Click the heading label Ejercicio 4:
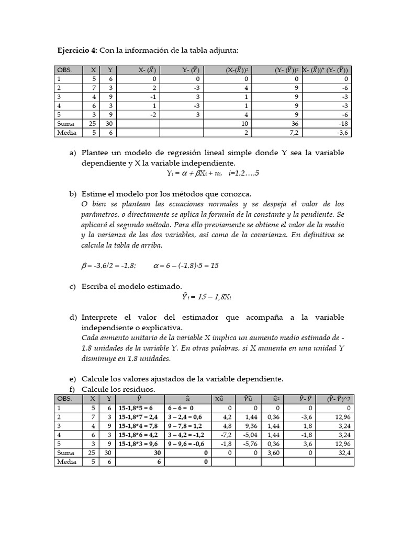77,50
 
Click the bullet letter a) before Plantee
73,153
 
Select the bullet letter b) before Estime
73,194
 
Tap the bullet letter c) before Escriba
73,286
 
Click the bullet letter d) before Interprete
73,318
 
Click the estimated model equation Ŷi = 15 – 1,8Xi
206,297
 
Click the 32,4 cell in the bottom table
344,453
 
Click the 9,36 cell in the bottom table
249,425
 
